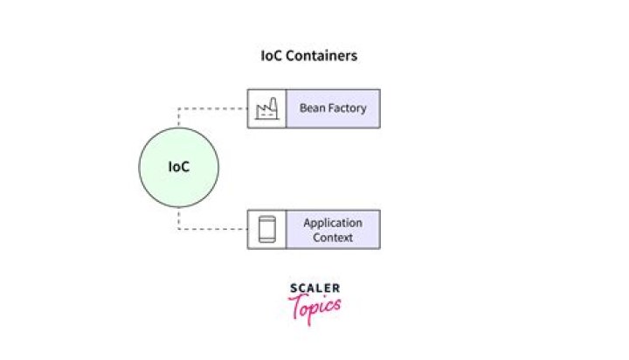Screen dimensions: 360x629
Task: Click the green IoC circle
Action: coord(179,167)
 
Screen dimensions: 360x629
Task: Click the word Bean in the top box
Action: coord(312,108)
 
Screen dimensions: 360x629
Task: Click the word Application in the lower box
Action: coord(332,223)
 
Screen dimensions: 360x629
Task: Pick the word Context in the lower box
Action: coord(332,237)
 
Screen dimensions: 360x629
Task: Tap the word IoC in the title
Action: coord(271,55)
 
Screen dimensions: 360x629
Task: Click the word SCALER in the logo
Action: coord(314,288)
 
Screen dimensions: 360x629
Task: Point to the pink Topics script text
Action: coord(315,307)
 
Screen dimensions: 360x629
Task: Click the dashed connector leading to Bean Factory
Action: coord(210,108)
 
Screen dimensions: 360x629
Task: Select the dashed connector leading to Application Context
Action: coord(210,230)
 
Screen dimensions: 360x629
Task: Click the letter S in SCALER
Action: coord(293,288)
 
